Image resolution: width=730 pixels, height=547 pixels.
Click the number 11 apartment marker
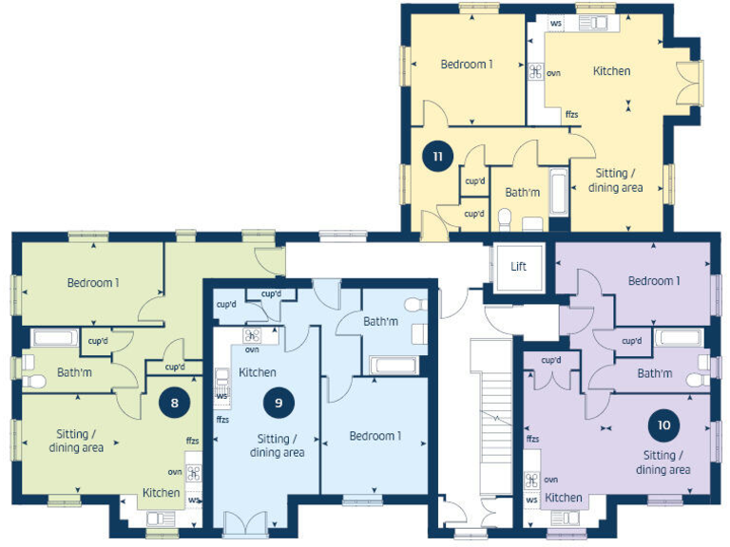[x=436, y=157]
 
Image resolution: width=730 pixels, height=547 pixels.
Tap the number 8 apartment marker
[x=174, y=402]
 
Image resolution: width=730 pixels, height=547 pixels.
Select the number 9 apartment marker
[x=279, y=402]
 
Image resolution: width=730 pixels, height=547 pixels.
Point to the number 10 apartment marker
[x=663, y=424]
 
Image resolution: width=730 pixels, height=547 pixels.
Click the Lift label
[x=518, y=267]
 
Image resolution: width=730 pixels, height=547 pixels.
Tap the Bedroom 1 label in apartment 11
[x=466, y=65]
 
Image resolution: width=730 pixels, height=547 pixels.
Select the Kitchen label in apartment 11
[x=611, y=71]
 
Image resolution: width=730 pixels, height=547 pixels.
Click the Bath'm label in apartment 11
[x=522, y=193]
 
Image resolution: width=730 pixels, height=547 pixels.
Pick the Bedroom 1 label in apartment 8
[x=92, y=282]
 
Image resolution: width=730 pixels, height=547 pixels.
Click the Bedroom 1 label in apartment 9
[x=375, y=436]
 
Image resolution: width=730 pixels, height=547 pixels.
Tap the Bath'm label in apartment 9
[x=380, y=322]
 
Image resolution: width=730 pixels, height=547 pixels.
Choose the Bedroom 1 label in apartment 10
[x=654, y=281]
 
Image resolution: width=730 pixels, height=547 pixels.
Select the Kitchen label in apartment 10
[x=564, y=498]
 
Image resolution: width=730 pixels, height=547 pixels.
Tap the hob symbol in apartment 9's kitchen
[x=252, y=335]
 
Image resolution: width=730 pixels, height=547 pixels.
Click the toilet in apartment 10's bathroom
[x=695, y=379]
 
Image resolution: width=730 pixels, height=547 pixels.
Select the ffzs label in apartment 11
[x=571, y=115]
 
